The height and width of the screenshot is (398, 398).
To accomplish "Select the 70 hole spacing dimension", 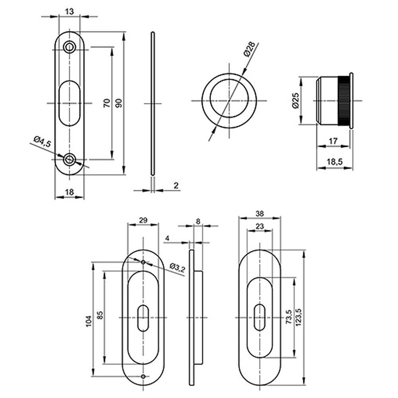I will point(105,103).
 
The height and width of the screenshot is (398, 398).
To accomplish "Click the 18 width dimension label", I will point(69,192).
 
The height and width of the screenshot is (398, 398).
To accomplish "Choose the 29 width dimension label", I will point(143,220).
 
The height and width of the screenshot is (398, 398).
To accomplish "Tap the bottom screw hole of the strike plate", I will point(69,159).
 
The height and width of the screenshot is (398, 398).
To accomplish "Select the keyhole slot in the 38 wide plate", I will point(260,317).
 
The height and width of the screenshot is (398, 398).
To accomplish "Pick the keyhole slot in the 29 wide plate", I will point(143,317).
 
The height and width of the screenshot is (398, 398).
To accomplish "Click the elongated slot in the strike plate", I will point(69,103).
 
